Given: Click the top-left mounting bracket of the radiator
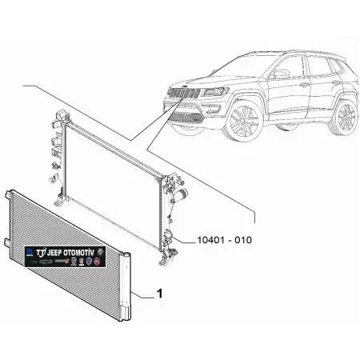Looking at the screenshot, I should tap(58, 118).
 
